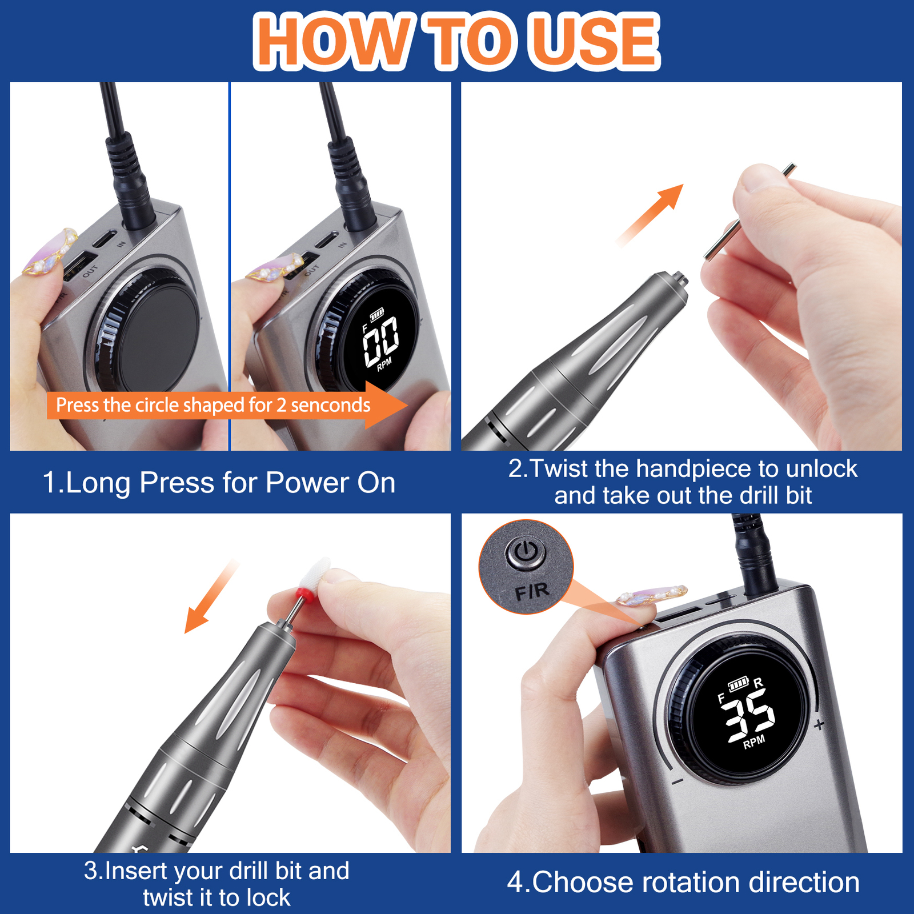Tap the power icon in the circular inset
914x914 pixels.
[525, 552]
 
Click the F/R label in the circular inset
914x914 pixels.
[531, 592]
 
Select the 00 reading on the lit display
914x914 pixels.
[381, 341]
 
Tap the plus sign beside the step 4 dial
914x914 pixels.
[819, 725]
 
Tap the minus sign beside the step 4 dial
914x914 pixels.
[678, 781]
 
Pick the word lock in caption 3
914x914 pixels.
[268, 897]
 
